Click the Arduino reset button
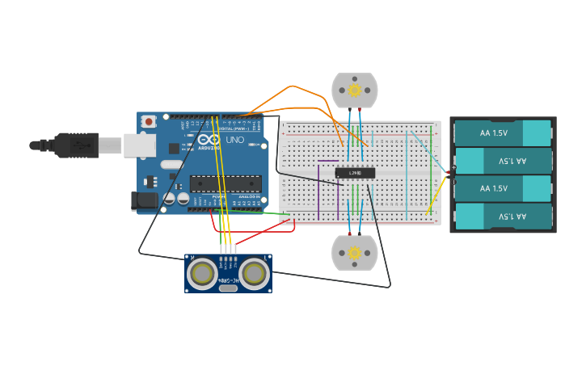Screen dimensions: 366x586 pyautogui.click(x=149, y=121)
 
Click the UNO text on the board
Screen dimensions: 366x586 pyautogui.click(x=234, y=140)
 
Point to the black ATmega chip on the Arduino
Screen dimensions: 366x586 pyautogui.click(x=226, y=184)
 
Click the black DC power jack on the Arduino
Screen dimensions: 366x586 pyautogui.click(x=144, y=200)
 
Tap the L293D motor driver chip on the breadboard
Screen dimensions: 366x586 pyautogui.click(x=355, y=172)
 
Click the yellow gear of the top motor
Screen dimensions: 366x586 pyautogui.click(x=354, y=90)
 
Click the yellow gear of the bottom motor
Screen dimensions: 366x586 pyautogui.click(x=354, y=253)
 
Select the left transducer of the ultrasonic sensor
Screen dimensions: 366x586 pyautogui.click(x=202, y=274)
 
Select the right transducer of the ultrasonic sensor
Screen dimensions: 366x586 pyautogui.click(x=254, y=274)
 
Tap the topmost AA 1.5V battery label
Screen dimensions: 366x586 pyautogui.click(x=494, y=133)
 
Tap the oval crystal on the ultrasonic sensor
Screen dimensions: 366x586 pyautogui.click(x=228, y=288)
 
